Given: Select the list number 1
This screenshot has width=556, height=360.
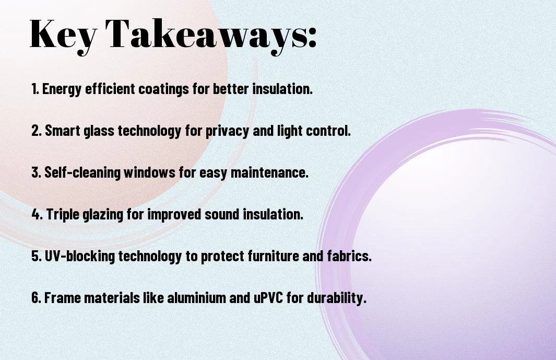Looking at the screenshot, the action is click(x=35, y=89).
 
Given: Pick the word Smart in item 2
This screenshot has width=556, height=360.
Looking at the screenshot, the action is click(x=63, y=131).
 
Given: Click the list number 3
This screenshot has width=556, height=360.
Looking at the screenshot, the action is click(x=36, y=172).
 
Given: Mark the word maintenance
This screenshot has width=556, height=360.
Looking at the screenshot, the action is click(x=268, y=172).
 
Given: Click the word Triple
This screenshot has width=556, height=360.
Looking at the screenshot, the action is click(x=63, y=215).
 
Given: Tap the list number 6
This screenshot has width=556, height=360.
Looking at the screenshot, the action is click(x=36, y=298).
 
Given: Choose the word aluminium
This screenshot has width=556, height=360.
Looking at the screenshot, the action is click(x=196, y=298).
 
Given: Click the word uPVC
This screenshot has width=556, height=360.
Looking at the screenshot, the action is click(x=268, y=298).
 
